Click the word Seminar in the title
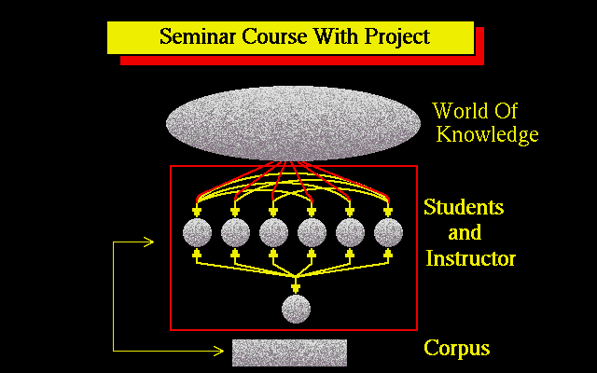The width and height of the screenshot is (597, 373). [198, 36]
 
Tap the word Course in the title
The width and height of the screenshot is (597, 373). [274, 36]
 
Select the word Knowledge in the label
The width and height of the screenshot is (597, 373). [487, 134]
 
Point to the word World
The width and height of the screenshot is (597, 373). [460, 111]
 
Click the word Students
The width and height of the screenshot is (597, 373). [464, 207]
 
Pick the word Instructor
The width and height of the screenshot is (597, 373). [470, 258]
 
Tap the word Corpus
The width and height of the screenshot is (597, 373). [457, 348]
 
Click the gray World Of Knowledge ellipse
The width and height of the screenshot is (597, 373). [293, 123]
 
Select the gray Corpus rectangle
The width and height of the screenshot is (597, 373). [289, 352]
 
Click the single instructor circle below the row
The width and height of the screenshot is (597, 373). [296, 309]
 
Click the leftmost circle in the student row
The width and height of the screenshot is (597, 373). [197, 232]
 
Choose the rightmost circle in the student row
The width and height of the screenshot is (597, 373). [388, 232]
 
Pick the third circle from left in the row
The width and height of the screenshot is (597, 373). [273, 232]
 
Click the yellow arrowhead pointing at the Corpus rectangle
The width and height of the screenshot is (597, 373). [218, 351]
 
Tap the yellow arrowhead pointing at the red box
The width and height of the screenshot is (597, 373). [148, 242]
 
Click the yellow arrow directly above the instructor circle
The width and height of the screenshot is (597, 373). [296, 285]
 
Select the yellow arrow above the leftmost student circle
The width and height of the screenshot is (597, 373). [197, 210]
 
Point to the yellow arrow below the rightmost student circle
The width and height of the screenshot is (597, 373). [388, 255]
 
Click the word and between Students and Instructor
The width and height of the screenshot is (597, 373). [465, 232]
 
